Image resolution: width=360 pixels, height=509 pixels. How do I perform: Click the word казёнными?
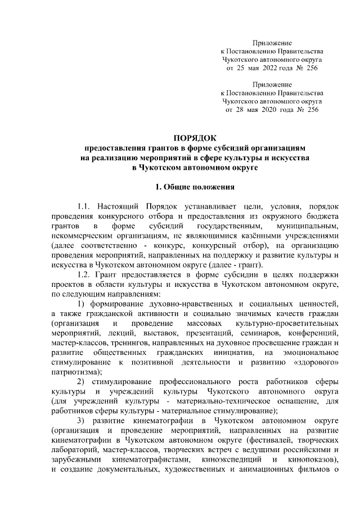coord(263,236)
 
